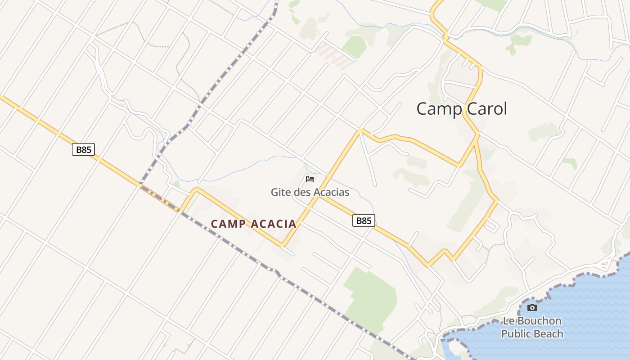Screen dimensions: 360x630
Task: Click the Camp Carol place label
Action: click(x=461, y=109)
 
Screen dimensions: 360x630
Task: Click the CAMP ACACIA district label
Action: click(x=253, y=224)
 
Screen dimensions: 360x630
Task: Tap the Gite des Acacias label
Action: click(x=310, y=193)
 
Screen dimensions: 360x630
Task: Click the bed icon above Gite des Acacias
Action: click(x=310, y=179)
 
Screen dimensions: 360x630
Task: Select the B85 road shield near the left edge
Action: click(x=84, y=149)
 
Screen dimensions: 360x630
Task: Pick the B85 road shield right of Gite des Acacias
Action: click(x=364, y=220)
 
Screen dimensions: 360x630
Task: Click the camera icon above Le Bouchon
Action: click(x=532, y=307)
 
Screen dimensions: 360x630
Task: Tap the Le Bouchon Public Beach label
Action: click(x=532, y=327)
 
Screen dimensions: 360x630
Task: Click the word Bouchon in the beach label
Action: click(x=539, y=321)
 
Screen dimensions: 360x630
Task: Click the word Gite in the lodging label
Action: click(x=280, y=193)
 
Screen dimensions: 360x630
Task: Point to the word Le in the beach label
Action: click(x=508, y=321)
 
